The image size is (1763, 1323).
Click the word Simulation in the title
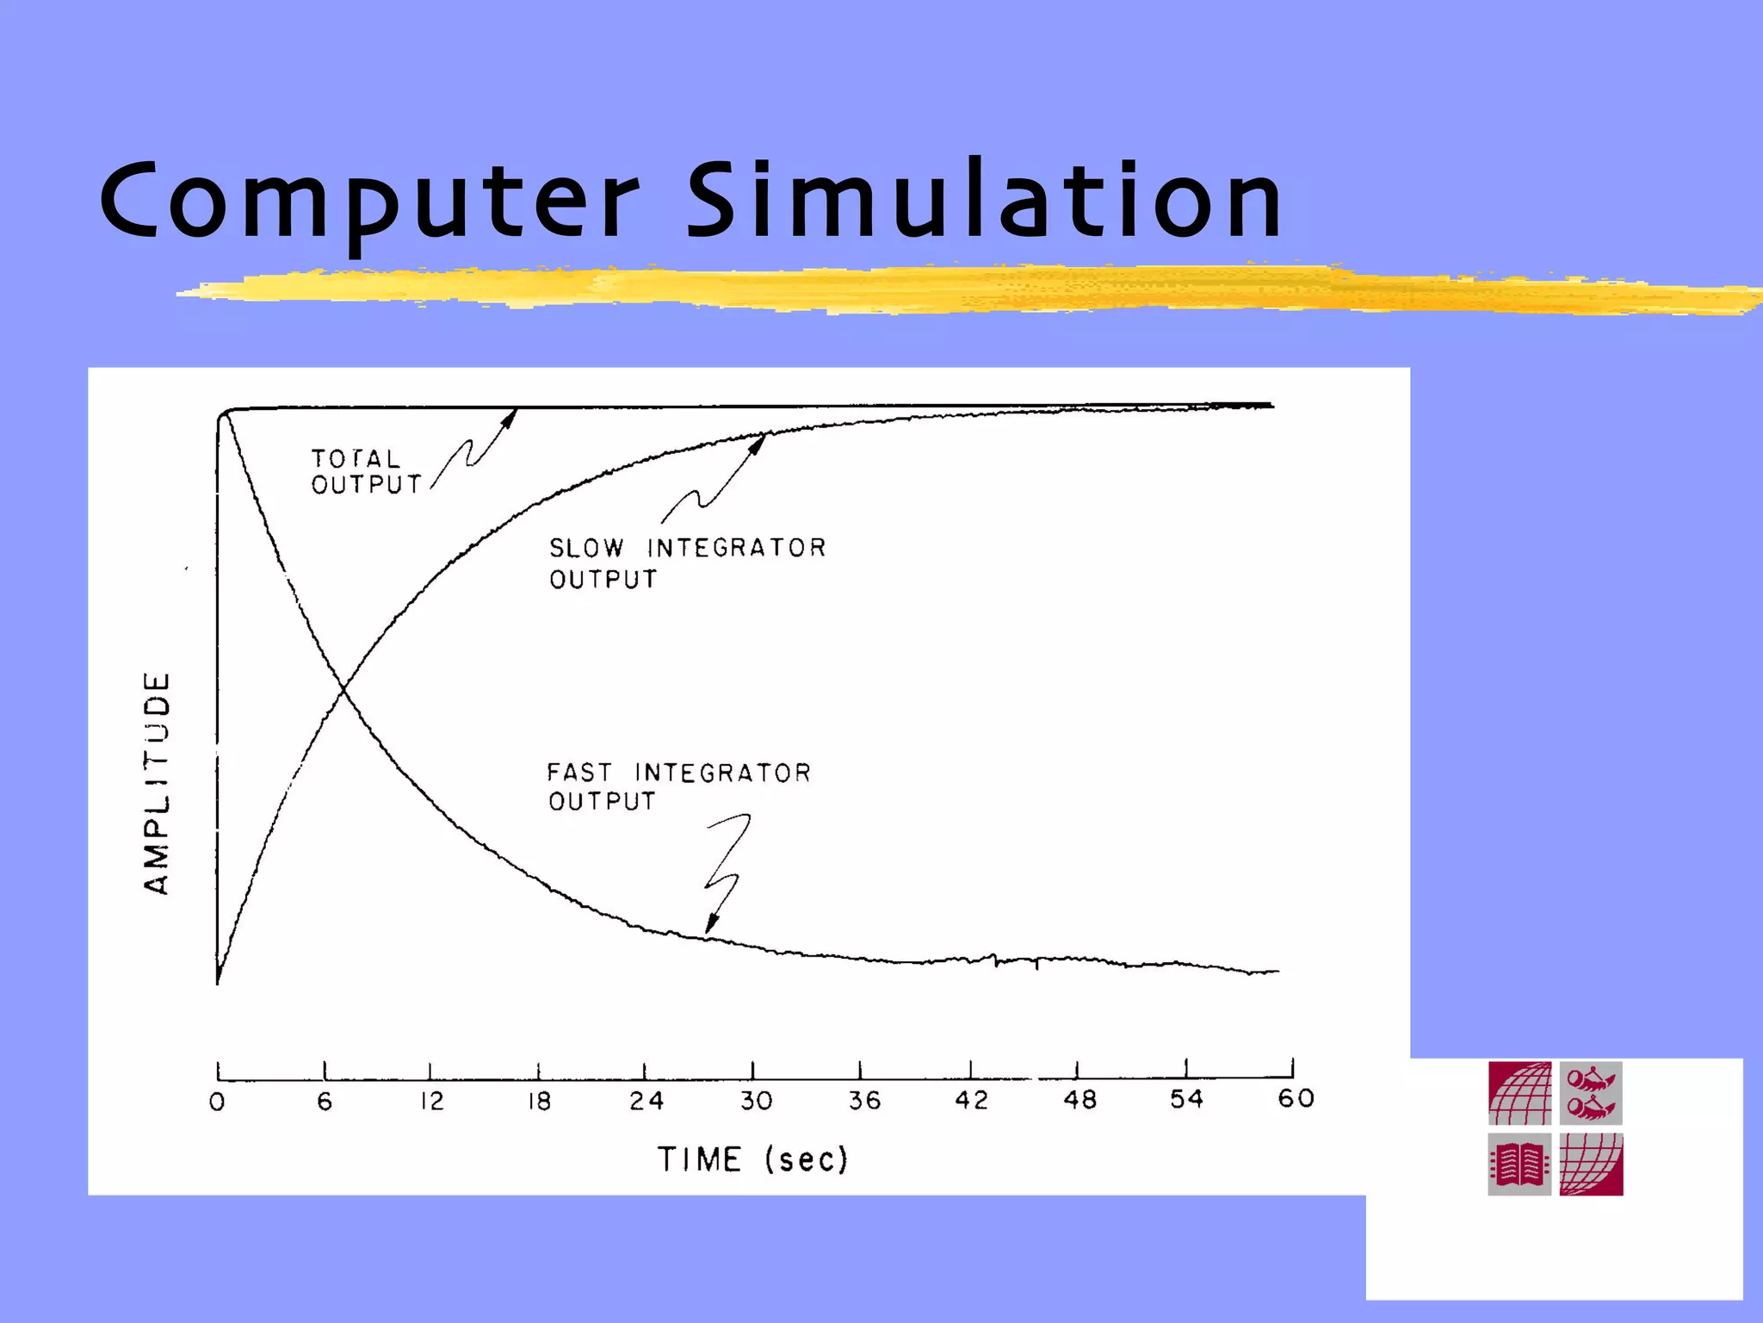(x=984, y=201)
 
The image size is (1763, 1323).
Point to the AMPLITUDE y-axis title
(x=157, y=784)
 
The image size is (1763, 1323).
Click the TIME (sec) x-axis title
(x=752, y=1159)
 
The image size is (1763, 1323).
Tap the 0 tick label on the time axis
(x=217, y=1102)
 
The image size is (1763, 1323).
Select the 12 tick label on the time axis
(x=431, y=1102)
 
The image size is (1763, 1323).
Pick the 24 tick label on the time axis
(x=646, y=1101)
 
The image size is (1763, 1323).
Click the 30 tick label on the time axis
(x=755, y=1101)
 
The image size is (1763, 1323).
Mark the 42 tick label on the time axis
(x=971, y=1100)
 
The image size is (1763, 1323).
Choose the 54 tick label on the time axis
(x=1185, y=1099)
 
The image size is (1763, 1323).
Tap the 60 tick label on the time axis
(x=1295, y=1098)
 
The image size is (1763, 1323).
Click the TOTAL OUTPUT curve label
(x=366, y=472)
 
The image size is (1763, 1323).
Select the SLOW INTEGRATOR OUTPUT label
(x=686, y=563)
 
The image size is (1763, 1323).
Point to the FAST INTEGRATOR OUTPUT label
(x=678, y=786)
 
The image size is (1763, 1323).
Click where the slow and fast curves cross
(x=343, y=688)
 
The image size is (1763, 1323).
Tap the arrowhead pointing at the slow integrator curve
(x=758, y=444)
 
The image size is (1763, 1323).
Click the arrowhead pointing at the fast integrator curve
(x=711, y=924)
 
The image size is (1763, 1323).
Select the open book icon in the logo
(x=1519, y=1165)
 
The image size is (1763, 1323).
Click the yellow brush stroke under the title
(x=947, y=290)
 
